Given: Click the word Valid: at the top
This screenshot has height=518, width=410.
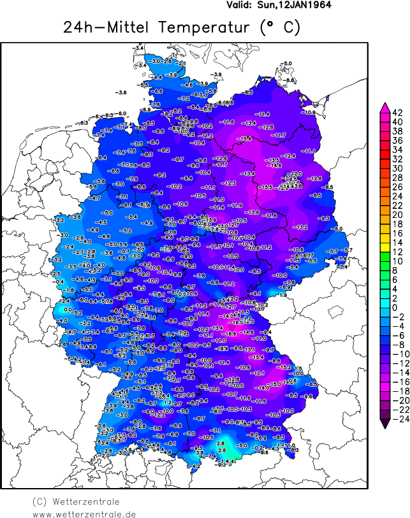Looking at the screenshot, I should click(x=240, y=5).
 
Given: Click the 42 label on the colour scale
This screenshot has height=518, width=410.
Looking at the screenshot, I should click(x=397, y=112).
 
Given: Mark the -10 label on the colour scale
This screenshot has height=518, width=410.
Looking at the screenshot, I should click(x=397, y=354).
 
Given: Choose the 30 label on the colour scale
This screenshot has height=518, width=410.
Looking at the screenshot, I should click(x=397, y=168).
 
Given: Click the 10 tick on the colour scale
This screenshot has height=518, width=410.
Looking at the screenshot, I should click(x=397, y=261).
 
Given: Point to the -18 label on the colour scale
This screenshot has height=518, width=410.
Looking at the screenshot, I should click(x=397, y=391).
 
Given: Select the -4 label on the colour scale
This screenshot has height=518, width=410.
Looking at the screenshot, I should click(x=397, y=326).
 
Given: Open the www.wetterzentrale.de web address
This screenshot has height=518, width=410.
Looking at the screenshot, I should click(x=84, y=514).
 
